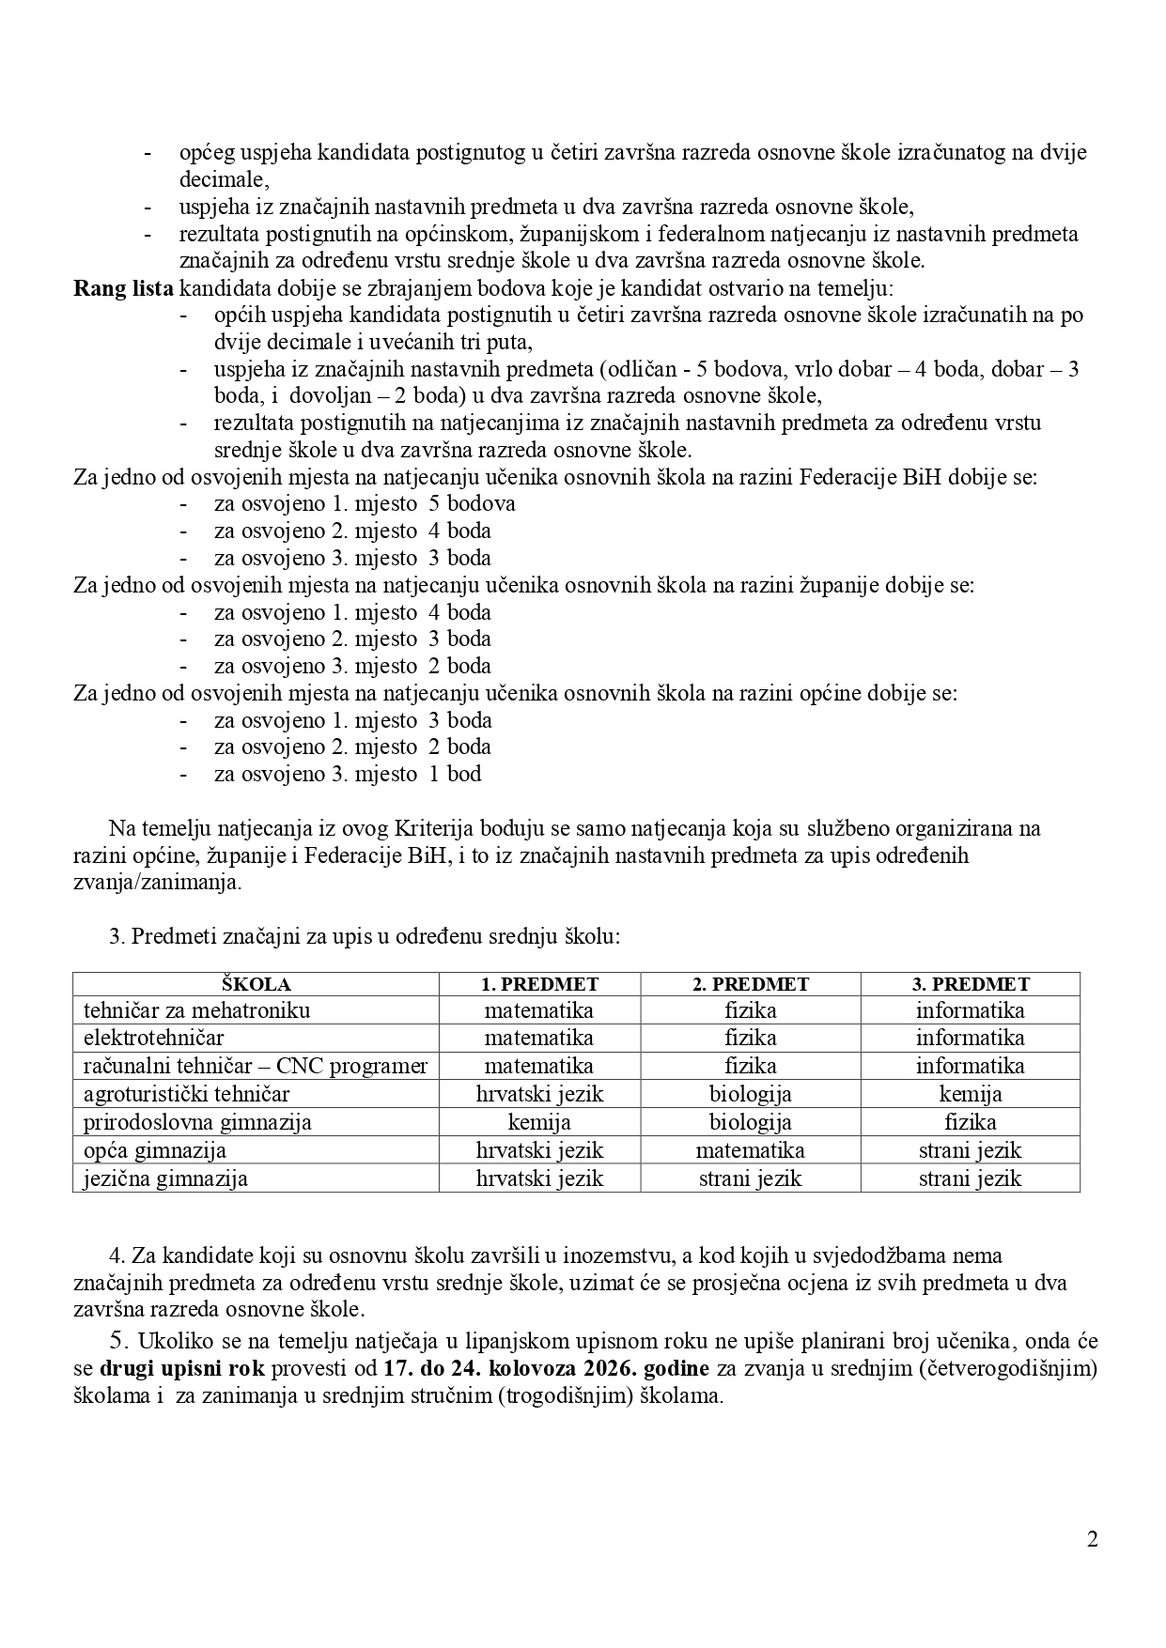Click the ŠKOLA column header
click(x=256, y=984)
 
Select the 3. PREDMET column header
click(x=971, y=984)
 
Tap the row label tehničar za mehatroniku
click(x=196, y=1010)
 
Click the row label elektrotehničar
click(x=153, y=1038)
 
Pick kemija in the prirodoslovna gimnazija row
click(x=539, y=1122)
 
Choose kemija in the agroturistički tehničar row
click(x=971, y=1094)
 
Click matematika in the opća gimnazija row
click(x=750, y=1150)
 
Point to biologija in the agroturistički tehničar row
click(x=750, y=1094)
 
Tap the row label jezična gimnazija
click(x=165, y=1178)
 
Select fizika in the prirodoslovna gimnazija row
click(x=971, y=1122)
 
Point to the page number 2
click(x=1092, y=1539)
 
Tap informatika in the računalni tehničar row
click(x=971, y=1066)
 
